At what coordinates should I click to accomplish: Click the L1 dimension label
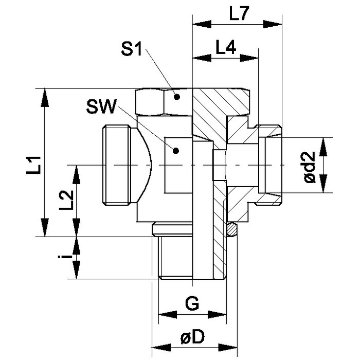click(x=34, y=166)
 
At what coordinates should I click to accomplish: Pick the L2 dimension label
click(x=65, y=200)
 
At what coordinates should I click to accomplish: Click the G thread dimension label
click(x=192, y=303)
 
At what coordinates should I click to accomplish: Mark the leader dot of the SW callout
click(x=176, y=151)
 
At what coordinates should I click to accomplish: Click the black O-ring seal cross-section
click(x=232, y=228)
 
